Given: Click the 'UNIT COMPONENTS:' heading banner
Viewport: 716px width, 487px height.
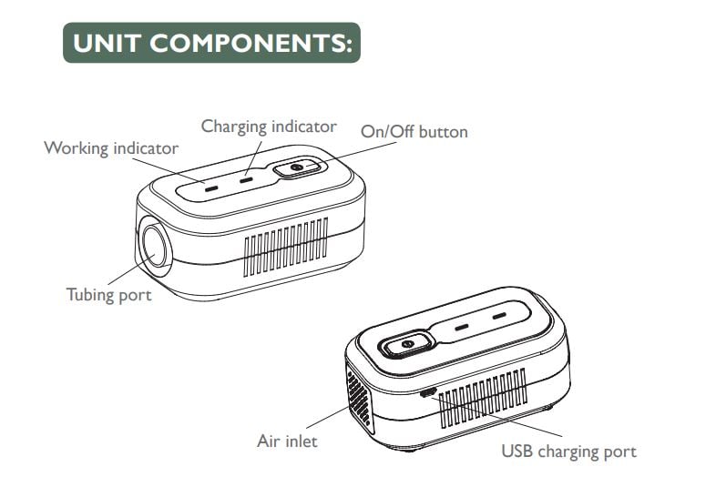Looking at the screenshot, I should (210, 43).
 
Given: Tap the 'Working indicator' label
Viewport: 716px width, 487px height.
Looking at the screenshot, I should (111, 147).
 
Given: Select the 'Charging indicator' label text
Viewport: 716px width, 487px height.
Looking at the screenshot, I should (269, 126).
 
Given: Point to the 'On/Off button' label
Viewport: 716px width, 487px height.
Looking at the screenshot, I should (414, 132).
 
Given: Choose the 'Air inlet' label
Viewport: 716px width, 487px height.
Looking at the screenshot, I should (287, 441).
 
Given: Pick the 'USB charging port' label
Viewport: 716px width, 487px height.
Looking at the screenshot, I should (568, 451).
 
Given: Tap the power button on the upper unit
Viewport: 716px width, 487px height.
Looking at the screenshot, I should (295, 169).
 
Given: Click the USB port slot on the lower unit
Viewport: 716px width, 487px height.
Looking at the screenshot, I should (428, 392).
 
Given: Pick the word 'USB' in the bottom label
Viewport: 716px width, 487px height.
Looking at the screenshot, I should (518, 451).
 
